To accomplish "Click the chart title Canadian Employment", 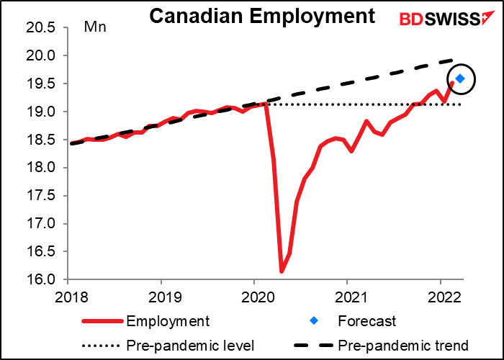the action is (262, 16).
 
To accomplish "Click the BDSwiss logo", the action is (447, 18).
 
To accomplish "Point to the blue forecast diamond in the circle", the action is (460, 78).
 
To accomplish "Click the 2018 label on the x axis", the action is (71, 297).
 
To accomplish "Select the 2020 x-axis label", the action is (257, 297).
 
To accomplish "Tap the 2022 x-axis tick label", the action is (444, 297).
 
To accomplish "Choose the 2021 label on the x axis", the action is (351, 297).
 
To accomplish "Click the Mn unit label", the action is (95, 27).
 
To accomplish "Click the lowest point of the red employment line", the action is (282, 271).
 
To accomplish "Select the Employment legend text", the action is (168, 321).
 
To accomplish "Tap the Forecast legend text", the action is (366, 321).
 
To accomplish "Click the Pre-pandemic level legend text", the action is (190, 346).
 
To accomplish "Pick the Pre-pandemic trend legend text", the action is (403, 346).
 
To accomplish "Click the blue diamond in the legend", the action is (314, 321).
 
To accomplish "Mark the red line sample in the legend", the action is (102, 321).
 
